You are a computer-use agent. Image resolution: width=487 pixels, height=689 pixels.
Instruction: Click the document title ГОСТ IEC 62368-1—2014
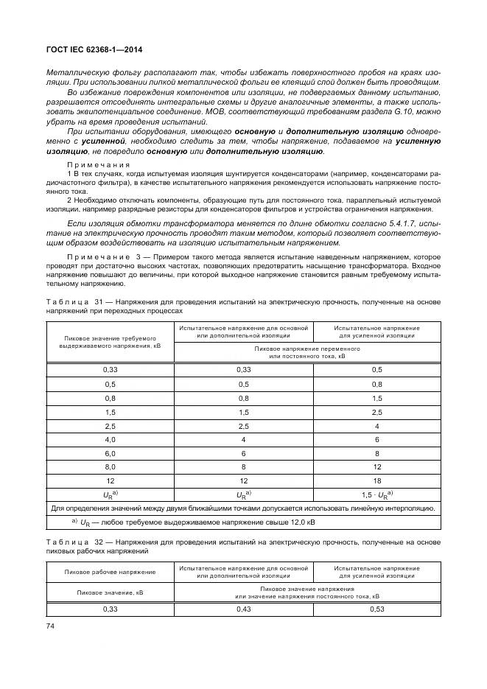94,49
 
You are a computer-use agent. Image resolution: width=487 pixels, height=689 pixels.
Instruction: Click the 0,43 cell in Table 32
243,609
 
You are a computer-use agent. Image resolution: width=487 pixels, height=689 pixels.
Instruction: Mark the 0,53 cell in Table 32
376,609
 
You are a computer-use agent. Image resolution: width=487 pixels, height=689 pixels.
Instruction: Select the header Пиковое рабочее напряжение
110,572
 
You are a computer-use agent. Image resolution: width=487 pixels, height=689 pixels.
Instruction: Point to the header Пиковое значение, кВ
110,592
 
